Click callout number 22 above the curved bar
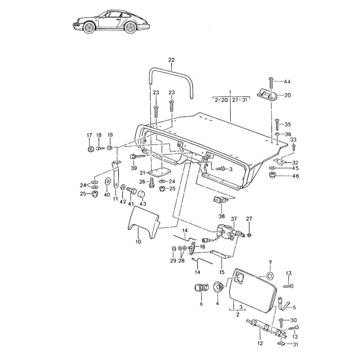coord(171,60)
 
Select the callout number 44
coord(287,82)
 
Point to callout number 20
coord(287,95)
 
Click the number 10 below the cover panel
coord(138,242)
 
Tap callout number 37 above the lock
coord(234,219)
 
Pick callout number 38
coord(221,217)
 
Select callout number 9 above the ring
coord(269,262)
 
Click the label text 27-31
coord(239,100)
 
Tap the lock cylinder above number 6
coord(200,288)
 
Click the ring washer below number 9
coord(269,276)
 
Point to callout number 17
coord(89,135)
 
